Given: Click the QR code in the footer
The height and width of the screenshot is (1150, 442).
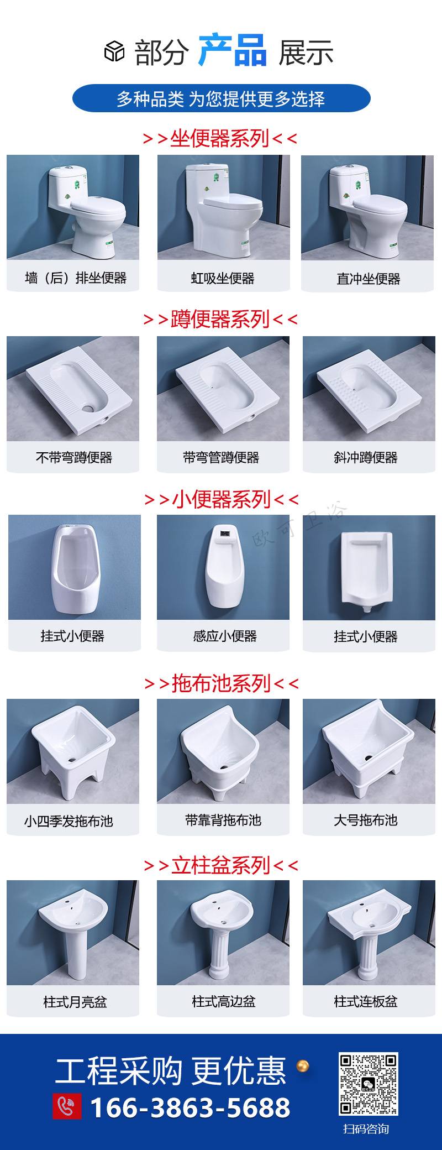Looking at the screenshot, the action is pos(368,1084).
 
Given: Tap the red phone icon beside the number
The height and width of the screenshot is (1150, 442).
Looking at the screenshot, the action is pos(67,1106).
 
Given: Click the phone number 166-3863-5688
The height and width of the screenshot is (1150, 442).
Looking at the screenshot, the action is pos(190,1107).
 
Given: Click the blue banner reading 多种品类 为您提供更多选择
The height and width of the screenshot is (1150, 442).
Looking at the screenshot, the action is pos(221,99).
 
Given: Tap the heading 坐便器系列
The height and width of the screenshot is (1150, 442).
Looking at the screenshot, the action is pos(220,138).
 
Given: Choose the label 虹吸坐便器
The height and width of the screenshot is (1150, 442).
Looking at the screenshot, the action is pos(223,278).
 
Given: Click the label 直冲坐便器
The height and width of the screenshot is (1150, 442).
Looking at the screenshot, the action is pos(369,279).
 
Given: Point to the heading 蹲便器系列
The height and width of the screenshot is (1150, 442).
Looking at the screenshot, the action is pos(220,319).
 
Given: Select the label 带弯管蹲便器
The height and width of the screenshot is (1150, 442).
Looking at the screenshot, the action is pos(221,457).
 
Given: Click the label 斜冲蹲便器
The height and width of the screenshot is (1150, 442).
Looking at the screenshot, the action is pos(366,457).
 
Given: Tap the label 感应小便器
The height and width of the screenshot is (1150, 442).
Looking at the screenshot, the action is pos(225,636).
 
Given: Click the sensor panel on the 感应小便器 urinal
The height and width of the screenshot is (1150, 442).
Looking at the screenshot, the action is pos(223,535).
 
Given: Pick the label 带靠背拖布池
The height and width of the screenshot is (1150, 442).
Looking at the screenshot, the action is pos(223,820).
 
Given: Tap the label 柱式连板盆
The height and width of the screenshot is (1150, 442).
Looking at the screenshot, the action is pos(366,1001).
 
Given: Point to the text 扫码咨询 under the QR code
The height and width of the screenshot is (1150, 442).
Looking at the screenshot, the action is pos(366,1129).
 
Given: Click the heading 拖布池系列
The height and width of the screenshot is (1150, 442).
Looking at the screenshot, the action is pos(221,683).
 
